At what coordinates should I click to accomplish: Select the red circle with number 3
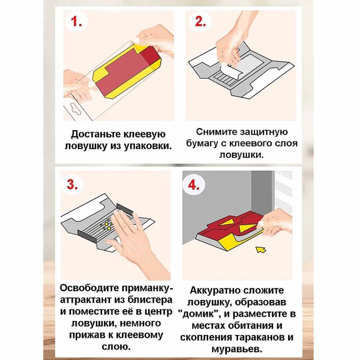click(x=73, y=185)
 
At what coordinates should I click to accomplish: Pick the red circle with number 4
click(x=194, y=185)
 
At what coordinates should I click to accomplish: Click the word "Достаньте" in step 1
click(x=95, y=134)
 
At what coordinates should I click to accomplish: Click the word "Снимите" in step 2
click(x=214, y=132)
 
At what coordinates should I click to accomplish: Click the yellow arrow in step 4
click(x=261, y=250)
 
